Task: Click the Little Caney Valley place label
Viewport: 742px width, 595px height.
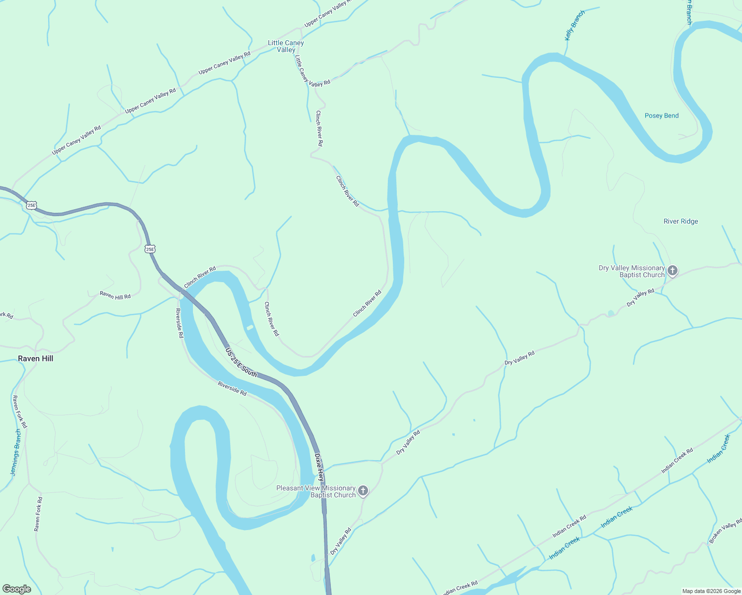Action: (286, 46)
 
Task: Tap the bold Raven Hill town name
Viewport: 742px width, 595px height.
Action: (35, 358)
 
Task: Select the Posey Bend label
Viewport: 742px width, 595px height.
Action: (662, 116)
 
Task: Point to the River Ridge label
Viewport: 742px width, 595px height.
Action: (680, 221)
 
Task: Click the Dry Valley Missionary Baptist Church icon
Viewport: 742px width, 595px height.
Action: (673, 271)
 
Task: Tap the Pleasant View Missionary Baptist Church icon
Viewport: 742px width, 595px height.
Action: (363, 491)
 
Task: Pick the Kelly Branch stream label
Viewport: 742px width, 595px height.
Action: (575, 25)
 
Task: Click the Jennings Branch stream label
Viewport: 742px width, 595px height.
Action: (16, 452)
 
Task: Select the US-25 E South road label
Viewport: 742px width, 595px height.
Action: (241, 362)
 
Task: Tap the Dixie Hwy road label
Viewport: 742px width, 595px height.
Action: (319, 467)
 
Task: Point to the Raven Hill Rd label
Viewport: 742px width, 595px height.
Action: (115, 296)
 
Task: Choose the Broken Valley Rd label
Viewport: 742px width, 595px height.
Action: (725, 531)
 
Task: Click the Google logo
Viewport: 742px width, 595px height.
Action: (16, 589)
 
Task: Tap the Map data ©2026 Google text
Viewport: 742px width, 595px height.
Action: (711, 591)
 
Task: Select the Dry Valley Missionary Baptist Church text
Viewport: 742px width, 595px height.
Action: (631, 271)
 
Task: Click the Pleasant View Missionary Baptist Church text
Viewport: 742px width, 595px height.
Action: (316, 491)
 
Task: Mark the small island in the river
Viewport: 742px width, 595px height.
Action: (250, 327)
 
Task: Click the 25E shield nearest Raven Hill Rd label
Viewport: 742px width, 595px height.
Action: (150, 249)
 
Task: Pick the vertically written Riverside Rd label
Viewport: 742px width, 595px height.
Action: (180, 323)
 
